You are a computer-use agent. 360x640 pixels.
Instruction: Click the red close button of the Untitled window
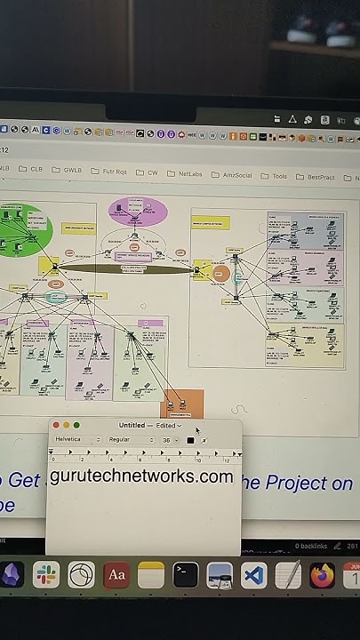tap(56, 426)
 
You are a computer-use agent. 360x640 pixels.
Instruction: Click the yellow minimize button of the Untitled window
tap(66, 426)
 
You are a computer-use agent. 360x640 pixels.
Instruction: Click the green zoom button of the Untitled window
tap(76, 426)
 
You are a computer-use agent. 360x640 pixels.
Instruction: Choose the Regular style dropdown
tap(130, 440)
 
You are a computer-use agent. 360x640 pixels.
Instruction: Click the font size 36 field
tap(168, 440)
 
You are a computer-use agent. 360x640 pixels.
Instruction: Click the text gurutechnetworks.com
tap(141, 476)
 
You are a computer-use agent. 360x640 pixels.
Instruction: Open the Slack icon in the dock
tap(46, 575)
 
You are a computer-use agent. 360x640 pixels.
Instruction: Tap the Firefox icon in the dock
tap(322, 575)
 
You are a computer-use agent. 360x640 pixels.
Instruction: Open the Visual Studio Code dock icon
tap(253, 575)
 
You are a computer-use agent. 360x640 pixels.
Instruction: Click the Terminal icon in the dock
tap(185, 575)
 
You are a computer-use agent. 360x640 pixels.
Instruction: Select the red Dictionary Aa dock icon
tap(116, 575)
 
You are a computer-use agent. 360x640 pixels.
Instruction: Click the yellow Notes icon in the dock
tap(151, 575)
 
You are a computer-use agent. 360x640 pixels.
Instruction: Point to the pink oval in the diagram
tap(137, 212)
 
